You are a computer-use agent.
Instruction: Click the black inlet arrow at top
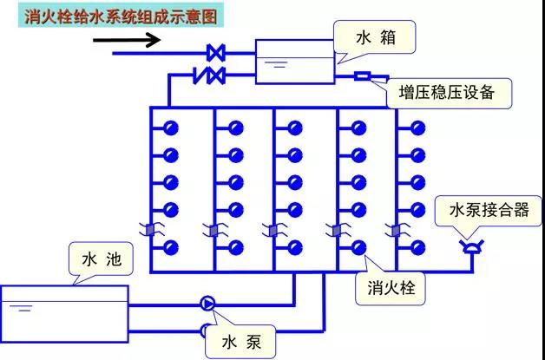pos(139,39)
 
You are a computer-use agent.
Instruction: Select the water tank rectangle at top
pos(294,61)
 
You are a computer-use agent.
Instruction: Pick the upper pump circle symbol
pos(208,303)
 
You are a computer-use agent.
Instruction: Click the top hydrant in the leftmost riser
pos(171,128)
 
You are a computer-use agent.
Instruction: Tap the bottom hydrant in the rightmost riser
pos(417,245)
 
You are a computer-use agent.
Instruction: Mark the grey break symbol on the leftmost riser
pos(150,230)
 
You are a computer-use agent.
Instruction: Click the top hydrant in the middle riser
pos(296,128)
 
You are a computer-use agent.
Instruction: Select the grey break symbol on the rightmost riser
pos(397,230)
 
